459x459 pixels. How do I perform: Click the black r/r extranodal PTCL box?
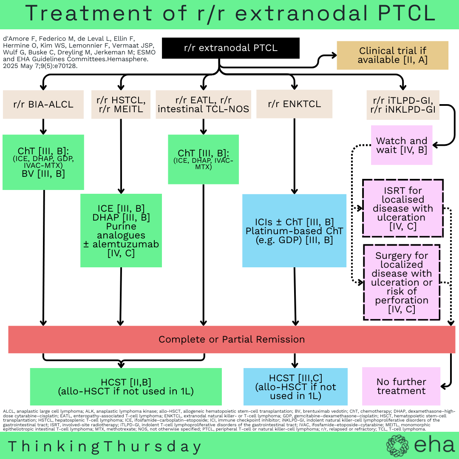tap(231, 48)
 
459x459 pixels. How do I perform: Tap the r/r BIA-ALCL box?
tap(43, 104)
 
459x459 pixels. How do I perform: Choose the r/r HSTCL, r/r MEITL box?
tap(121, 104)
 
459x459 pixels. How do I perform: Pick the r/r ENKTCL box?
tap(294, 104)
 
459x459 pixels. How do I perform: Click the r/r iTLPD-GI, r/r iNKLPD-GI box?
tap(402, 104)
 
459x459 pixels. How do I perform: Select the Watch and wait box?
tap(401, 145)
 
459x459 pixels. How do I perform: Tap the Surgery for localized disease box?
tap(401, 282)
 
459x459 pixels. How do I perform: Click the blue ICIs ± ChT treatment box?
tap(294, 231)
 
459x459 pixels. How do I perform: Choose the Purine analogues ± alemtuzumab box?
tap(121, 231)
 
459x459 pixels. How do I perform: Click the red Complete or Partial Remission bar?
tap(232, 340)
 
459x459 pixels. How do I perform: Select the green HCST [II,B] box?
tap(126, 386)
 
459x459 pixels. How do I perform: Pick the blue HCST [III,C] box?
tap(295, 386)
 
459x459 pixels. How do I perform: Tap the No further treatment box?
tap(401, 386)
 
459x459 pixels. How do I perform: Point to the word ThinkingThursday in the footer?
tap(105, 446)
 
